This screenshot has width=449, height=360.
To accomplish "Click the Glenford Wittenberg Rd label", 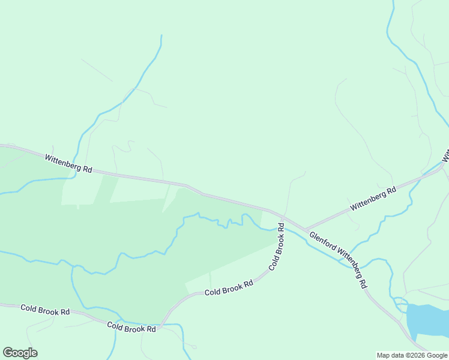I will point(337,260).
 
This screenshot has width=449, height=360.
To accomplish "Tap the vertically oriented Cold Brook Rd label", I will point(277,246).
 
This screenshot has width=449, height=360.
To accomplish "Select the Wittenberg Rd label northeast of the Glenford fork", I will point(374,198).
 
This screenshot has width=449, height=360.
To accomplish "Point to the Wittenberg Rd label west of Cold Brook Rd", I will point(68,163).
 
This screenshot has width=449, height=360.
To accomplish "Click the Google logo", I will point(20,353).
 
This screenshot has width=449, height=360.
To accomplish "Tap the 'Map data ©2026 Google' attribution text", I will point(412,355).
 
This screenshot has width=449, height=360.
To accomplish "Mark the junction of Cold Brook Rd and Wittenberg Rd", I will point(284,217).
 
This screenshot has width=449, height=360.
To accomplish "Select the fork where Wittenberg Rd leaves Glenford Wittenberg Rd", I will point(306,230).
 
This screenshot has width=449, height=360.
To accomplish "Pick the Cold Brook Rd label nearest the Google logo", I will point(45,310).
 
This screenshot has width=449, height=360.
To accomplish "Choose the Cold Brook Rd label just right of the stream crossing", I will point(131,328).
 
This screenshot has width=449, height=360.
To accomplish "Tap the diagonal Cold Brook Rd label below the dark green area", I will point(229,288).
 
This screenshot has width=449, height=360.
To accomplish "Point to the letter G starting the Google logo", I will point(8,353).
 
